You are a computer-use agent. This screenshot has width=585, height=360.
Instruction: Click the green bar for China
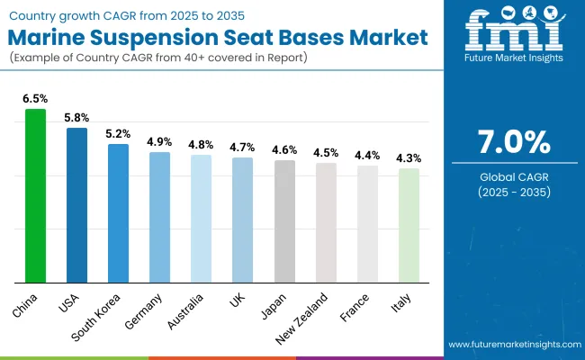click(x=35, y=195)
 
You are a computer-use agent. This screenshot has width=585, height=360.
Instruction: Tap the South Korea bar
click(x=119, y=212)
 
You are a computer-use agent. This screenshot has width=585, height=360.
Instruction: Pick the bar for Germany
click(x=160, y=217)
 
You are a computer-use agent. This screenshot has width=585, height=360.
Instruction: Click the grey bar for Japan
click(x=284, y=220)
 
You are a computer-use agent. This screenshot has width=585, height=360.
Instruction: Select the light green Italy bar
click(x=409, y=225)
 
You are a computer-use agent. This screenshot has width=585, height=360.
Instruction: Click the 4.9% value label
click(x=160, y=142)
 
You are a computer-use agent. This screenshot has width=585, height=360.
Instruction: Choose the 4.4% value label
click(x=367, y=156)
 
